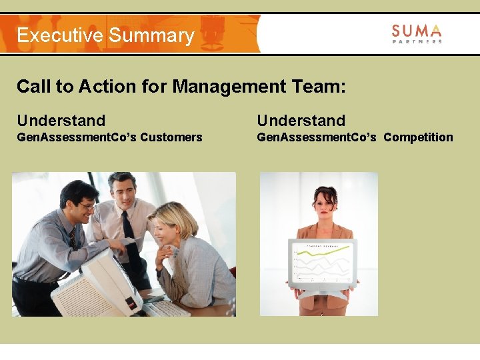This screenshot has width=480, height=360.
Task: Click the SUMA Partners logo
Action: click(x=416, y=33)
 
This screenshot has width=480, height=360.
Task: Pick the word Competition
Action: click(x=418, y=137)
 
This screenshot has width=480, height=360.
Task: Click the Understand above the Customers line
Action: click(x=61, y=121)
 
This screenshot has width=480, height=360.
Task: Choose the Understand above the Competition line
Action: click(x=301, y=121)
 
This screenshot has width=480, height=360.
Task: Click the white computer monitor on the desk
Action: click(x=107, y=280)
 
